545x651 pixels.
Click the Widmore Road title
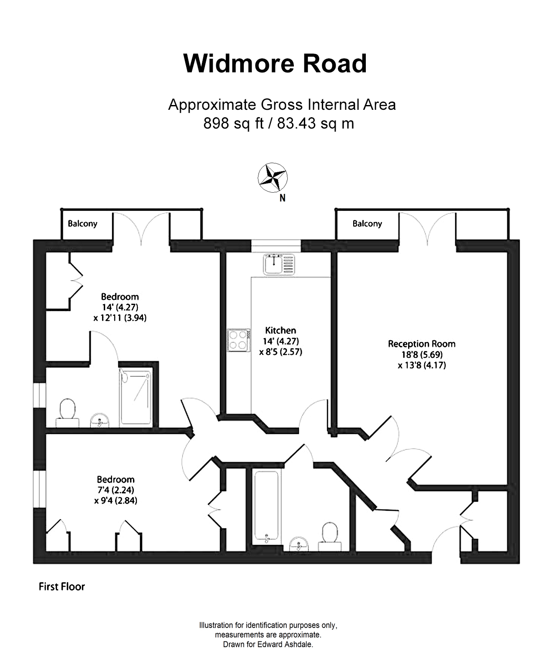pyautogui.click(x=275, y=64)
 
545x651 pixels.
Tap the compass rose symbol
pyautogui.click(x=273, y=177)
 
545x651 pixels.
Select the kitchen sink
pyautogui.click(x=279, y=264)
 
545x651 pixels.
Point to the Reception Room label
pyautogui.click(x=422, y=344)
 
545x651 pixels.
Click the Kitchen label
pyautogui.click(x=280, y=330)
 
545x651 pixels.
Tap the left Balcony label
pyautogui.click(x=82, y=224)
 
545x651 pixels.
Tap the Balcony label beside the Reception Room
pyautogui.click(x=367, y=224)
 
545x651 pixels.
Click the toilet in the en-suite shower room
pyautogui.click(x=67, y=412)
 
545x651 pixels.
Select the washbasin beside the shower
pyautogui.click(x=101, y=421)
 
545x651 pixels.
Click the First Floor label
pyautogui.click(x=62, y=587)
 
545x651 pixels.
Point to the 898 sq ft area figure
pyautogui.click(x=234, y=124)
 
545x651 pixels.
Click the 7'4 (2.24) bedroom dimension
pyautogui.click(x=116, y=490)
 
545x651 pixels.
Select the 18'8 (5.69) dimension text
pyautogui.click(x=422, y=355)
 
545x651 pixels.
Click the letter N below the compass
pyautogui.click(x=283, y=198)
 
